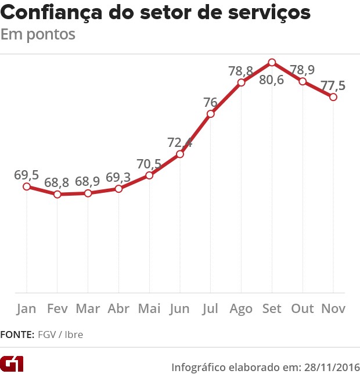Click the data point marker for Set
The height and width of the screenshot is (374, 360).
coord(272,62)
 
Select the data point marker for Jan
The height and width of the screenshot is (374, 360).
coord(26,186)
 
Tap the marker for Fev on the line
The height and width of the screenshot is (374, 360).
coord(57,194)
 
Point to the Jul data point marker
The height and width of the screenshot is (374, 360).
coord(210,114)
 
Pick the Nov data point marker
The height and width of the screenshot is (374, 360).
coord(333,97)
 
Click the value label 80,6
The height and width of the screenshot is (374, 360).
coord(272,80)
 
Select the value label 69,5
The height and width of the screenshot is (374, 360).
coord(27,175)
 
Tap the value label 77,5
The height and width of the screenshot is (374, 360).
coord(333,85)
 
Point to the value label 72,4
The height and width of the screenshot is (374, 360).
coord(180,142)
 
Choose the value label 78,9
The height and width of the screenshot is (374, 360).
coord(303,70)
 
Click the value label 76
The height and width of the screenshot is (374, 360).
coord(210,103)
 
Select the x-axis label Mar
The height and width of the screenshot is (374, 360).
coord(88,308)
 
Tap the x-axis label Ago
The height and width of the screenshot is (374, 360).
coord(241,308)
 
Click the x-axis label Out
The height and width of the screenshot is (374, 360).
coord(303,308)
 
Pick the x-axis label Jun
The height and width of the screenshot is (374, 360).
coord(179,308)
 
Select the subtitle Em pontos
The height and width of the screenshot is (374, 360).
coord(38,34)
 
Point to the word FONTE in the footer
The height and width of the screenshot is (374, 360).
coord(17,335)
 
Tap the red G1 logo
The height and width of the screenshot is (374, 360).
coord(12,364)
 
